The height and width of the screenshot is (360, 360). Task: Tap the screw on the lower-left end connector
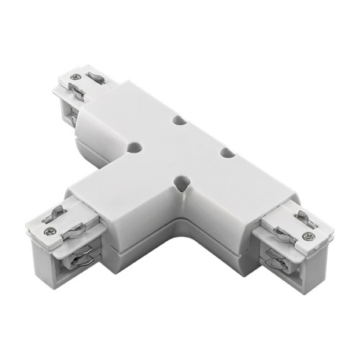click(x=52, y=231)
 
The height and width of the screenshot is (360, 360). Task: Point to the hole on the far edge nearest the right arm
click(x=225, y=153)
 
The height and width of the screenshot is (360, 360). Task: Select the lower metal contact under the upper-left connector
click(x=75, y=114)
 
